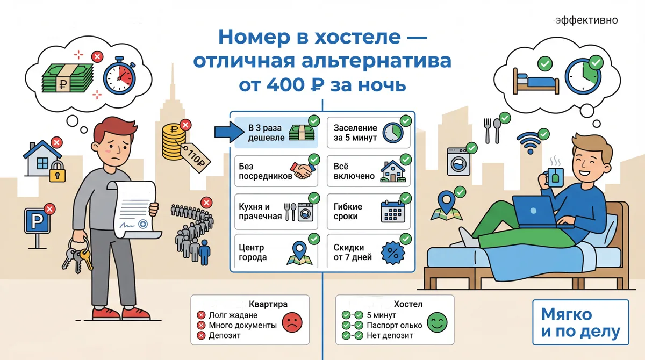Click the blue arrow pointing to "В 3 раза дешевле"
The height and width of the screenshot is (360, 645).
coord(230,132)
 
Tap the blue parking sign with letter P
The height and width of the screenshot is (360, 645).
coord(37,221)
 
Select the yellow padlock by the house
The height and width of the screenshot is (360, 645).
coord(58,171)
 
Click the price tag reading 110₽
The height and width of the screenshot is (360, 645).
coord(196,158)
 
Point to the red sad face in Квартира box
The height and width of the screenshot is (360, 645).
coord(292,322)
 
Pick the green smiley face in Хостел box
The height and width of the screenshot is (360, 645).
coord(437,322)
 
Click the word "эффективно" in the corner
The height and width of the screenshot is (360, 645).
coord(586,20)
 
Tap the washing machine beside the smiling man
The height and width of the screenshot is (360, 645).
coord(458,161)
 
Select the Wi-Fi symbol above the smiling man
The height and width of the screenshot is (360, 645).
coord(531,143)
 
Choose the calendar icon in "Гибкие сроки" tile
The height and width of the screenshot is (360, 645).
coord(393,212)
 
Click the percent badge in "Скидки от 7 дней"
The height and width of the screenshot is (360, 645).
coord(393,253)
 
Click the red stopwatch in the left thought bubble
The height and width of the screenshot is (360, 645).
coord(119,76)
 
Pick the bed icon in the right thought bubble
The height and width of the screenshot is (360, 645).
coord(536,82)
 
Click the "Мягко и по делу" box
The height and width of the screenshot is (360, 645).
coord(580,322)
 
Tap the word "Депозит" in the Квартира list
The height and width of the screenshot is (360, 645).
coord(225,335)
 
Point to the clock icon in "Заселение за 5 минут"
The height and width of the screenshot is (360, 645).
coord(393,133)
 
